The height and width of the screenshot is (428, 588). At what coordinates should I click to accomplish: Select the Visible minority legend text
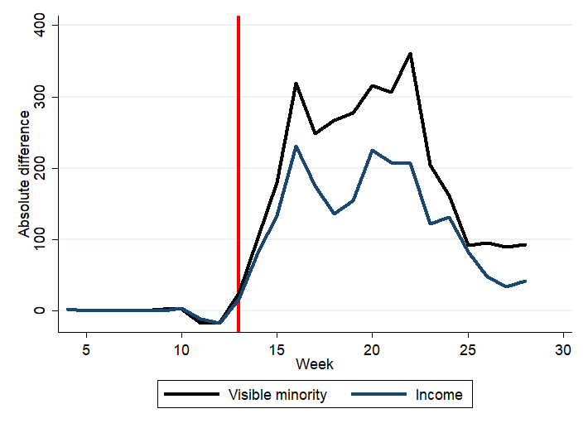(x=277, y=395)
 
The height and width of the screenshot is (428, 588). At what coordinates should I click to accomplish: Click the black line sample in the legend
(x=191, y=395)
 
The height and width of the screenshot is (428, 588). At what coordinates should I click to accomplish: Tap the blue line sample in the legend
(x=378, y=395)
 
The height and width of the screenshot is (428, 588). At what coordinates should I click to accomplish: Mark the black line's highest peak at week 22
(x=410, y=54)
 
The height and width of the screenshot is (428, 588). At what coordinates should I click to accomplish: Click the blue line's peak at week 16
(x=296, y=147)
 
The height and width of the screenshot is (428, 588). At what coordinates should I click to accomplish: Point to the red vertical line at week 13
(x=239, y=166)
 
